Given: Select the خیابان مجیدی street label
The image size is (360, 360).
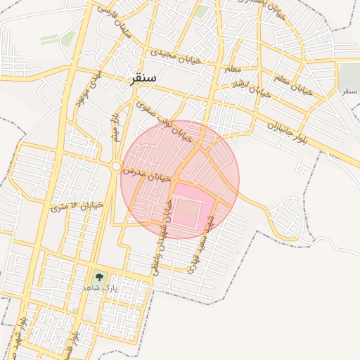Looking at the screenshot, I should pyautogui.click(x=175, y=56).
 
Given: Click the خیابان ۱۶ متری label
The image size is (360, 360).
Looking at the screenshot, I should pyautogui.click(x=77, y=206).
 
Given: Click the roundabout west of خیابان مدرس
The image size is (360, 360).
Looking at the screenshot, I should pyautogui.click(x=115, y=166).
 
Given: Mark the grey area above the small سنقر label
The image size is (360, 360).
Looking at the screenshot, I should pyautogui.click(x=349, y=75).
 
